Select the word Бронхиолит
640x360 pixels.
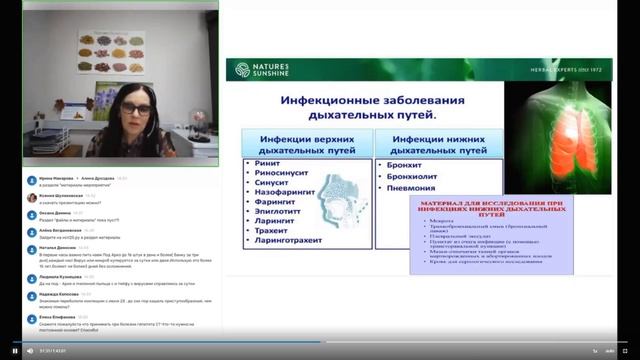pyautogui.click(x=408, y=176)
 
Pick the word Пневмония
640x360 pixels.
pyautogui.click(x=407, y=188)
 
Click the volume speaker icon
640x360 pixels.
pyautogui.click(x=29, y=351)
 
